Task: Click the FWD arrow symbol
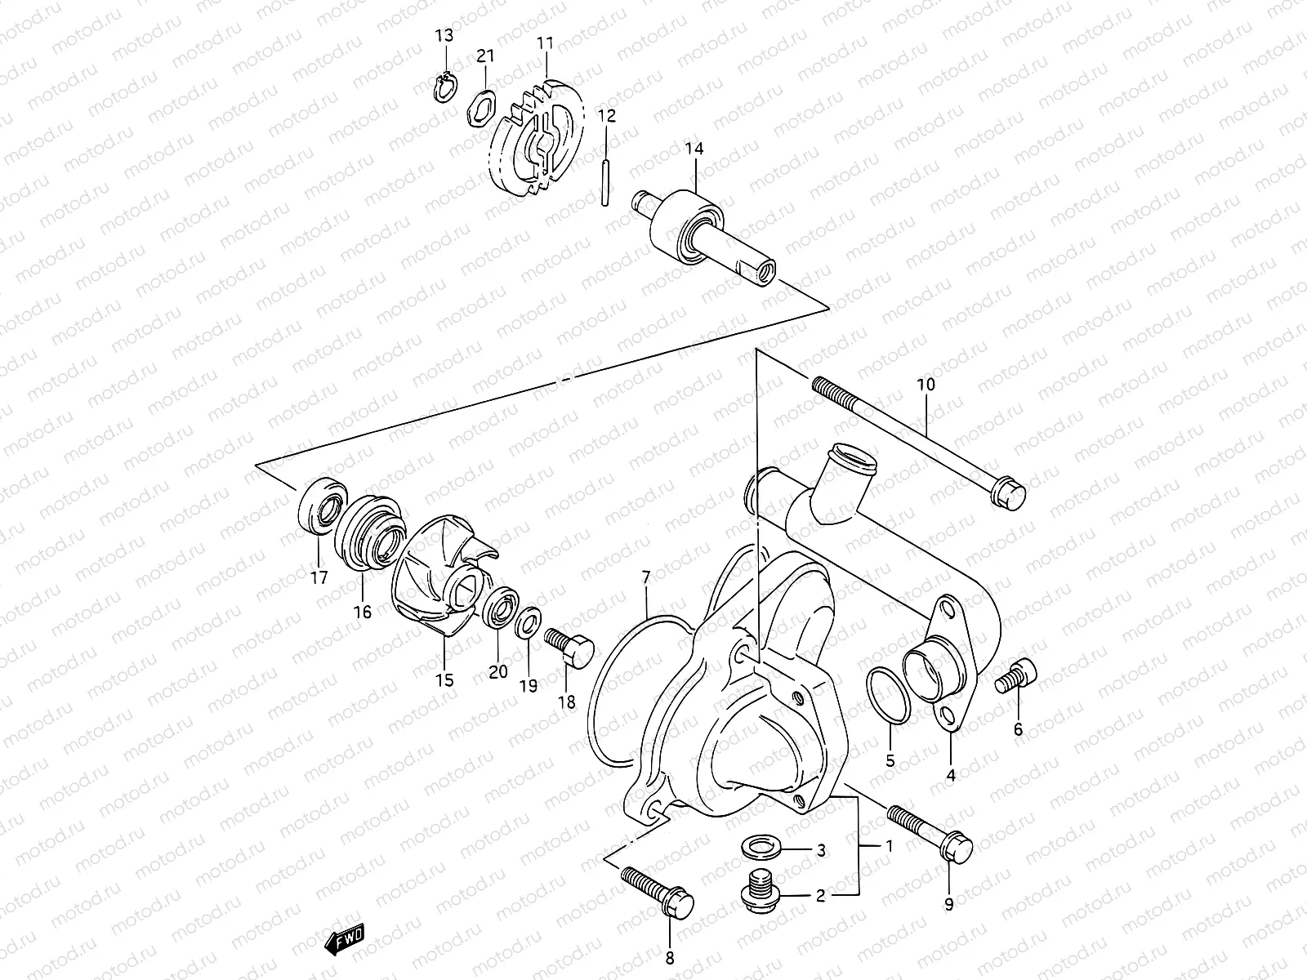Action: tap(344, 942)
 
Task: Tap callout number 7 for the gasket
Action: tap(646, 578)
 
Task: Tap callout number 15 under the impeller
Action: tap(444, 679)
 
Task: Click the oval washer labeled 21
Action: tap(480, 109)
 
